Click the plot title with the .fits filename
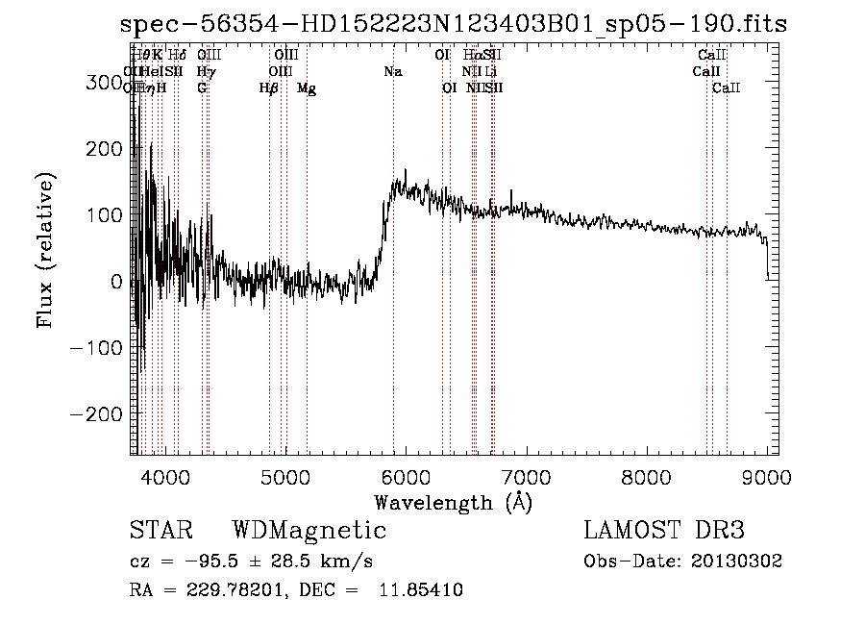coord(454,25)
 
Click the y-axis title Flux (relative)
coord(45,250)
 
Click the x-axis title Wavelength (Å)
coord(453,502)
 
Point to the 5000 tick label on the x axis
coord(285,476)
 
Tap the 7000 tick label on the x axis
coord(526,476)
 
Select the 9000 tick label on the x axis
coord(767,476)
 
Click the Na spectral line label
coord(392,72)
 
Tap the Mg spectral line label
coord(307,88)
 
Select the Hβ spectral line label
coord(269,88)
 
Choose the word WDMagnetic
coord(309,531)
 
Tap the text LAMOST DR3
coord(664,531)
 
